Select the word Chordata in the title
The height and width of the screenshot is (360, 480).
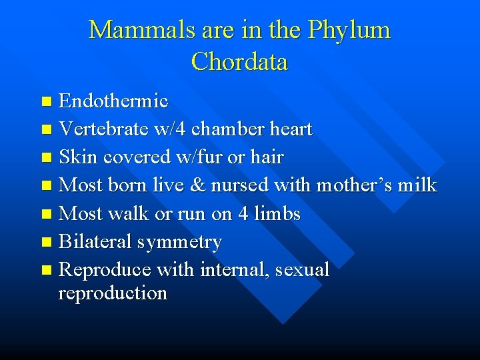click(x=239, y=62)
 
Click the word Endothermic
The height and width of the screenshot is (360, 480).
click(x=113, y=101)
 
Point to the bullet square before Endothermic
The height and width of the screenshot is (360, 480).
click(x=46, y=102)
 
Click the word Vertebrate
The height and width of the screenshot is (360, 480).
click(x=99, y=129)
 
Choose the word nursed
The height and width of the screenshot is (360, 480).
click(x=241, y=185)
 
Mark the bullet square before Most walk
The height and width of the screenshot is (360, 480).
click(x=46, y=215)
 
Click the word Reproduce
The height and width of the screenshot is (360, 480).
click(x=105, y=269)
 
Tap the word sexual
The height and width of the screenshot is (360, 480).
click(x=302, y=269)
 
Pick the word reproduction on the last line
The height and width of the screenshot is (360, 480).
click(x=113, y=293)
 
